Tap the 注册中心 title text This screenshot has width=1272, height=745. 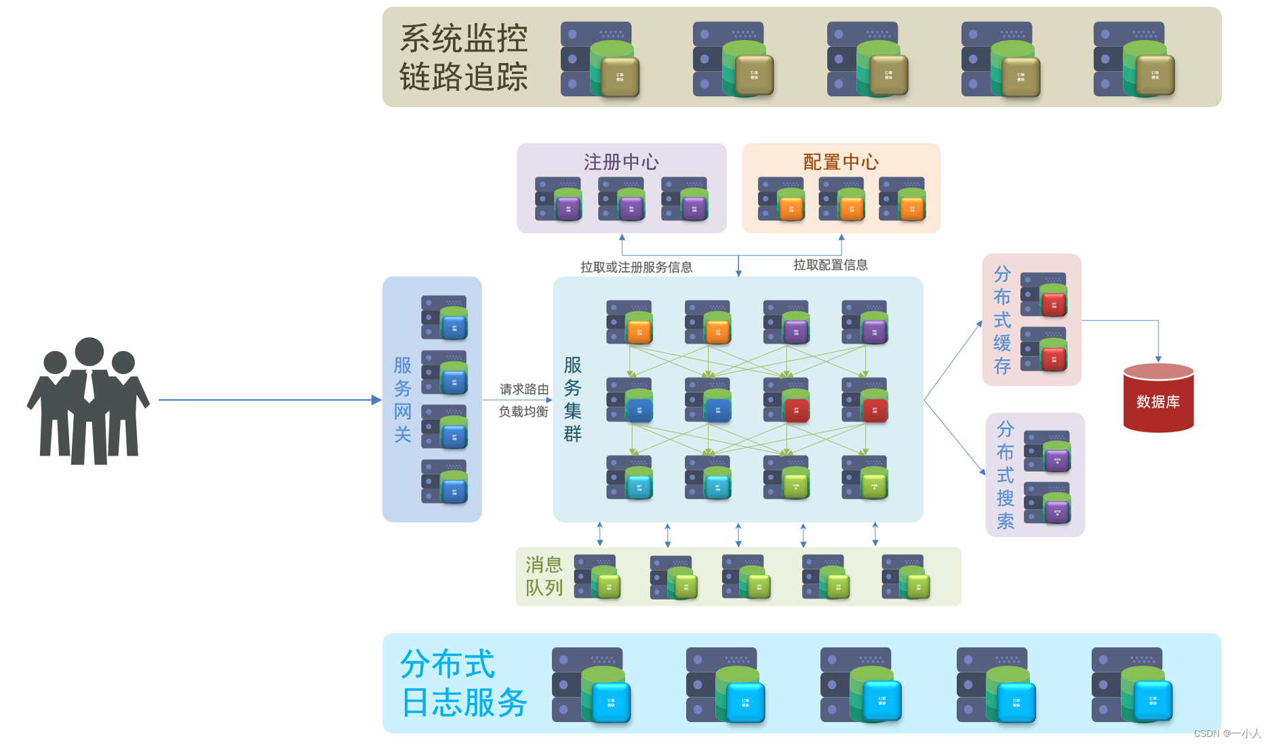621,162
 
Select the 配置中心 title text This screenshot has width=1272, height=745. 841,162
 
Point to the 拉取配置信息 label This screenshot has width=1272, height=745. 831,265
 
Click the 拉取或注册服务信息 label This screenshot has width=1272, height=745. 636,267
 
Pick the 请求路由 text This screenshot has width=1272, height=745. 524,389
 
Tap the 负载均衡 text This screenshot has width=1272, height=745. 523,411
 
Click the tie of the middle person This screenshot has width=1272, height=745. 90,386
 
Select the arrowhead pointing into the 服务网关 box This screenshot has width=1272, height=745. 377,400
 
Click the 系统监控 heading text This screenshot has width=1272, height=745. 464,38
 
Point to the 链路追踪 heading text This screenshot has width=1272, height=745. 464,77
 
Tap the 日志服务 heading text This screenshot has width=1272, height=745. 464,702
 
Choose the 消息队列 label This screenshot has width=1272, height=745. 544,576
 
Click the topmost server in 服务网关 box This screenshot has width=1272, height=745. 444,317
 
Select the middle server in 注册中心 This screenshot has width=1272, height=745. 622,199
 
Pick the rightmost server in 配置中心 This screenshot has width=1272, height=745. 902,199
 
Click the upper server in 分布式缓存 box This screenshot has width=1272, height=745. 1044,295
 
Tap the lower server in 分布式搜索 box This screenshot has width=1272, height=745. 1048,503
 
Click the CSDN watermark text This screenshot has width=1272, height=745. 1227,733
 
